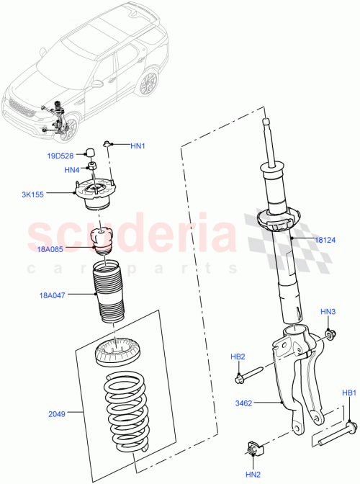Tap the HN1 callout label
click(x=138, y=146)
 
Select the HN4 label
click(x=72, y=170)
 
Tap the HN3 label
click(x=328, y=311)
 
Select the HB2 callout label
click(x=238, y=357)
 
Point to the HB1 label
click(x=349, y=393)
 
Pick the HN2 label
click(x=253, y=474)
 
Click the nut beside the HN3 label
click(x=328, y=334)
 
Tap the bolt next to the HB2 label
click(x=248, y=375)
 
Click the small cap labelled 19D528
click(x=92, y=152)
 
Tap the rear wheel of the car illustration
click(x=148, y=83)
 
